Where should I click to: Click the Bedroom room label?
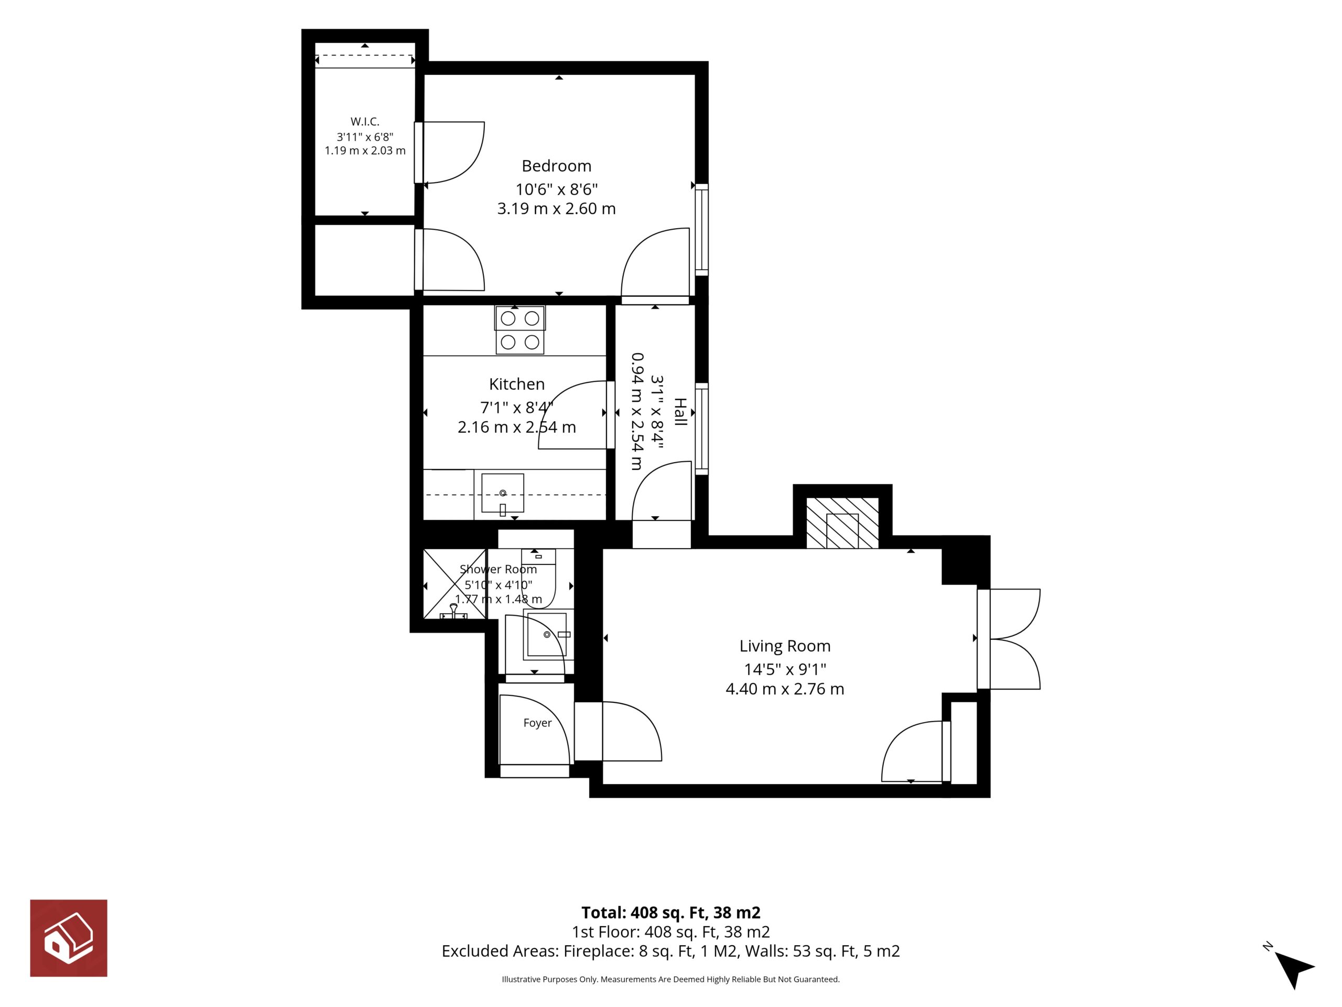point(556,166)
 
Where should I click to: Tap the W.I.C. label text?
point(365,121)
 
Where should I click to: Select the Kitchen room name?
point(517,384)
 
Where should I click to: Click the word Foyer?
point(537,723)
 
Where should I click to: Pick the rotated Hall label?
point(680,412)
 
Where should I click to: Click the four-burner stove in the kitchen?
point(520,329)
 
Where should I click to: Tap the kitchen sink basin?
point(502,494)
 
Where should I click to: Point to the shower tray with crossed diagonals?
point(454,584)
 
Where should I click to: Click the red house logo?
point(69,938)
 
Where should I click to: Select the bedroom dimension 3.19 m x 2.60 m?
point(556,209)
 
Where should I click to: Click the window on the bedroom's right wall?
point(701,229)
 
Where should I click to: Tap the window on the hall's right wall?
point(701,428)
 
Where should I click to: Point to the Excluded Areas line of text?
point(670,951)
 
